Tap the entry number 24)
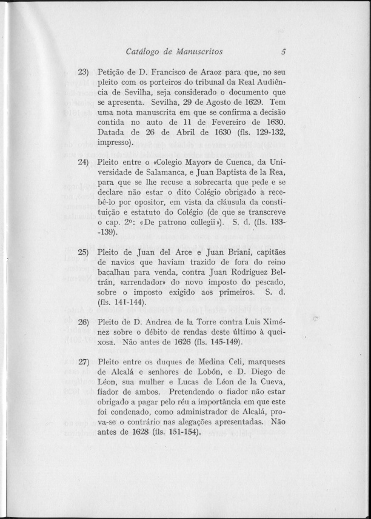pyautogui.click(x=83, y=162)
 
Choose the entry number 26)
pyautogui.click(x=83, y=320)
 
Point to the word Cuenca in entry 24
pyautogui.click(x=234, y=162)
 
